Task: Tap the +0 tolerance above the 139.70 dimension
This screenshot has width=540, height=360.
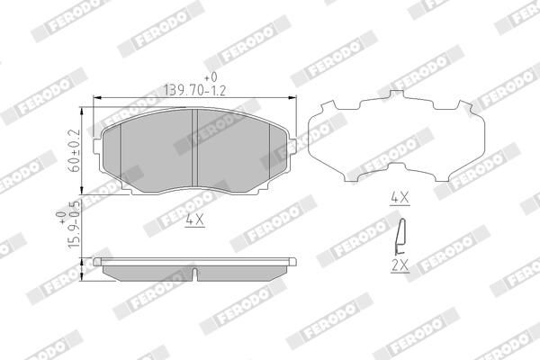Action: [x=212, y=76]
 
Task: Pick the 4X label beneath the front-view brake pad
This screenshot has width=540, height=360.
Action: [x=193, y=218]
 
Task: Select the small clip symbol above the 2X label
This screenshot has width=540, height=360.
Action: [x=400, y=238]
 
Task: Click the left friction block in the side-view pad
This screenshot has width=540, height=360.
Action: [x=149, y=270]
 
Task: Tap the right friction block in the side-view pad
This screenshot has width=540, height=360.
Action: [x=241, y=270]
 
